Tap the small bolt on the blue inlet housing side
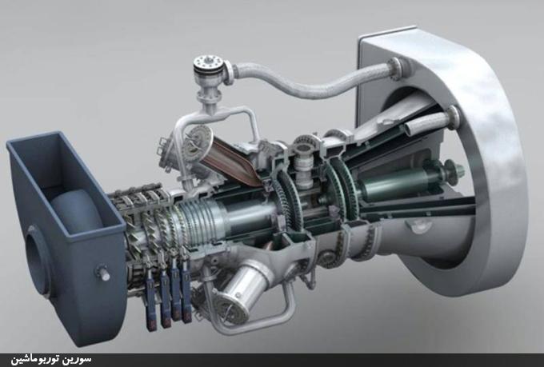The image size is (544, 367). [102, 273]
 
